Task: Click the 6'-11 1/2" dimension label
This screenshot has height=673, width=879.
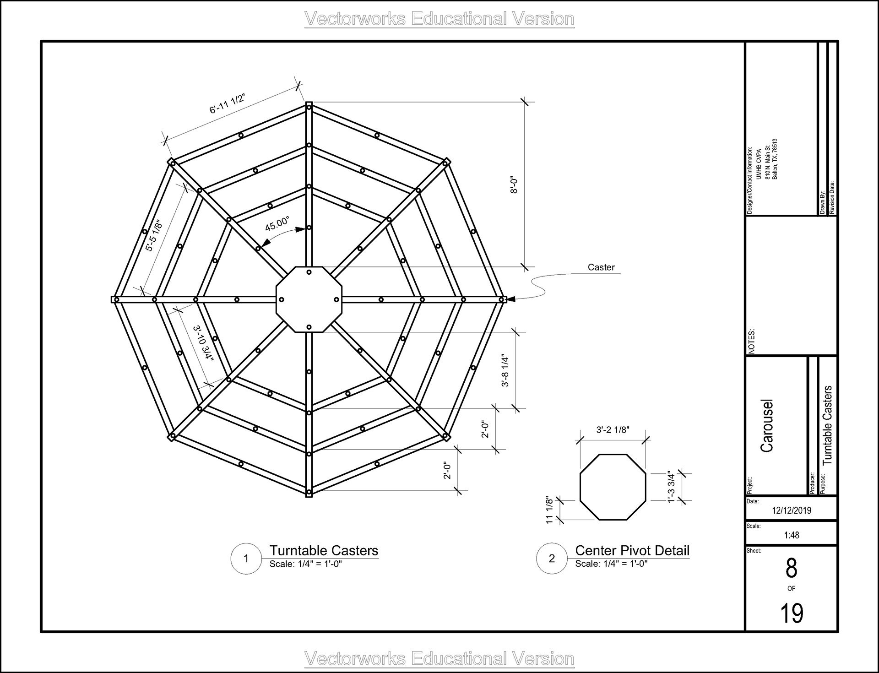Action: (228, 103)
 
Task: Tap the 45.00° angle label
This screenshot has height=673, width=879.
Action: (277, 224)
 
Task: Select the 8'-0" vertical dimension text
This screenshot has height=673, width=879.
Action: (514, 185)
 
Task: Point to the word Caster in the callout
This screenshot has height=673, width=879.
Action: (601, 267)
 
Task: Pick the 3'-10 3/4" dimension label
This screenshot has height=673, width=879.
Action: (203, 343)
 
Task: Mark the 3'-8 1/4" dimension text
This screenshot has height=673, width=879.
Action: (505, 370)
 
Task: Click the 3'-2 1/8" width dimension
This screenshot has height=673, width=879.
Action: (613, 430)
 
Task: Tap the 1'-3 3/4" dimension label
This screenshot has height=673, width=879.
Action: (671, 487)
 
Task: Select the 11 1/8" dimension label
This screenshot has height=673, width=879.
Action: (549, 510)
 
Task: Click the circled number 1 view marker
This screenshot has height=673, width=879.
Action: (246, 558)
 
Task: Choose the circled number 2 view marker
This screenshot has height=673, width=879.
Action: (552, 558)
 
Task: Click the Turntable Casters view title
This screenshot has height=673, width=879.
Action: (324, 550)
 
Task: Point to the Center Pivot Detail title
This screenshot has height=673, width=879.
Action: (632, 550)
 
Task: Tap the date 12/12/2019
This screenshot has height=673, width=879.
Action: (792, 510)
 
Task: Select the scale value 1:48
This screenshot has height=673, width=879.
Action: (792, 535)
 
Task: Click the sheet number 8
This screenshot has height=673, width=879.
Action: (792, 569)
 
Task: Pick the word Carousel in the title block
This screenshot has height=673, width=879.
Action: (767, 426)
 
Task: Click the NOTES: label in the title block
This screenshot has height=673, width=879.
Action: (751, 341)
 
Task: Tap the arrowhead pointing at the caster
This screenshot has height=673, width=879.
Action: (511, 299)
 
